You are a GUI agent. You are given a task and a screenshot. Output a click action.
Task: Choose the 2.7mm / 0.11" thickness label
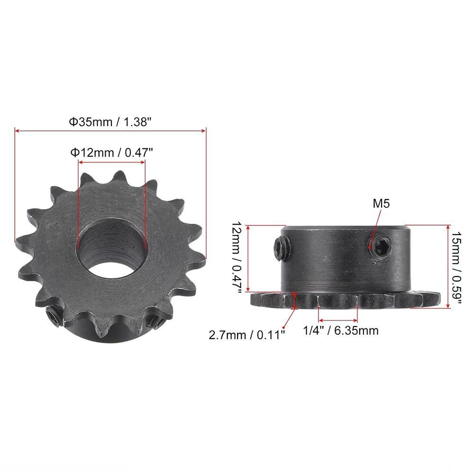(246, 335)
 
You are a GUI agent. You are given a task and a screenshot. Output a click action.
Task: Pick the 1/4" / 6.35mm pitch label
(341, 330)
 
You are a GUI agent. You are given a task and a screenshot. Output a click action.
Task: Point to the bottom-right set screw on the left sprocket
(155, 319)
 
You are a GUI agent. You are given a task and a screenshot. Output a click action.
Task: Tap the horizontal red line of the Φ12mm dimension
(111, 162)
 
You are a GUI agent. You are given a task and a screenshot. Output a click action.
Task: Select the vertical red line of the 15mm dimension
(448, 266)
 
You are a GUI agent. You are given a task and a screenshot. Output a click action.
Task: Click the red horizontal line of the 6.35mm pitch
(337, 319)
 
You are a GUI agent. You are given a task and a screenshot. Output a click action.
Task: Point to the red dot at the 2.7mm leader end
(283, 328)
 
